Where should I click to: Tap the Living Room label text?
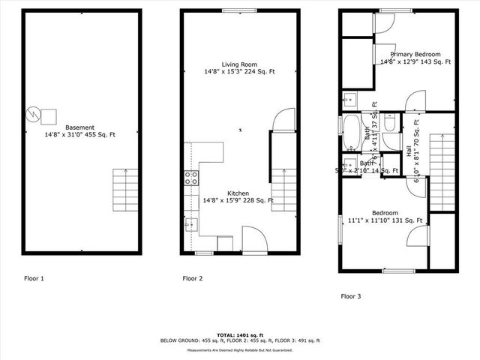[238, 64]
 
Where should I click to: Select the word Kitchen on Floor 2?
[238, 193]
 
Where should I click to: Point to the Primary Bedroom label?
[415, 54]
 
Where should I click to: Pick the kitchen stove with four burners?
[191, 178]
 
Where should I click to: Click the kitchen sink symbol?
[191, 222]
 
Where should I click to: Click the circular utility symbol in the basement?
[34, 114]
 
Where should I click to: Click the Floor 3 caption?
[351, 296]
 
